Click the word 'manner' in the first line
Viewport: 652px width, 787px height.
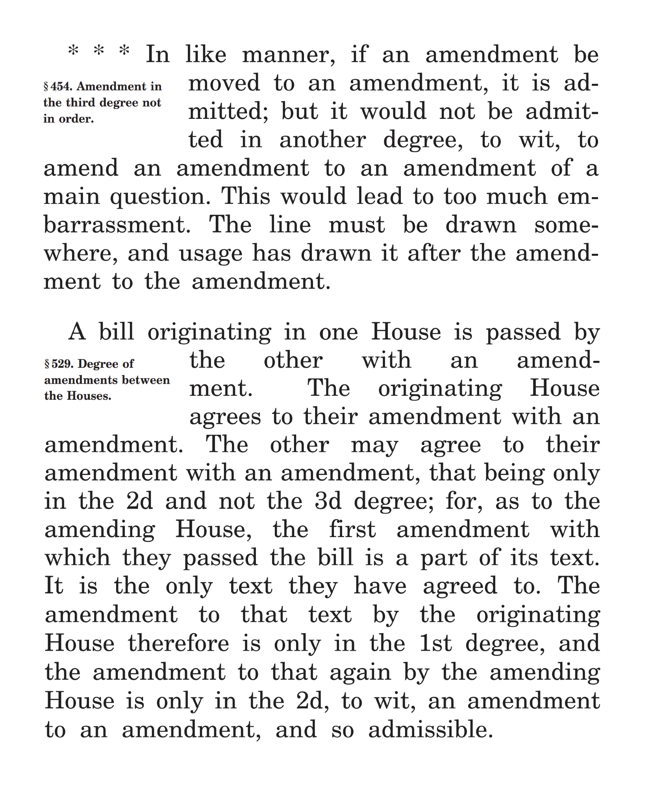[x=288, y=55]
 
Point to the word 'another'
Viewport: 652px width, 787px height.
[x=322, y=140]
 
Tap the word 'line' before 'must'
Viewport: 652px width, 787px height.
[x=290, y=225]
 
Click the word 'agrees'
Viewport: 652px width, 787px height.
[x=225, y=417]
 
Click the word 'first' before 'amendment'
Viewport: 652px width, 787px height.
[x=352, y=530]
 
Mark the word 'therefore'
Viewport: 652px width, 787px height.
[x=178, y=643]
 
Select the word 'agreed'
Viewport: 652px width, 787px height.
[x=459, y=587]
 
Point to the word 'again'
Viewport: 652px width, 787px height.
[x=360, y=672]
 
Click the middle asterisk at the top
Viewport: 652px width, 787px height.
[x=99, y=51]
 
